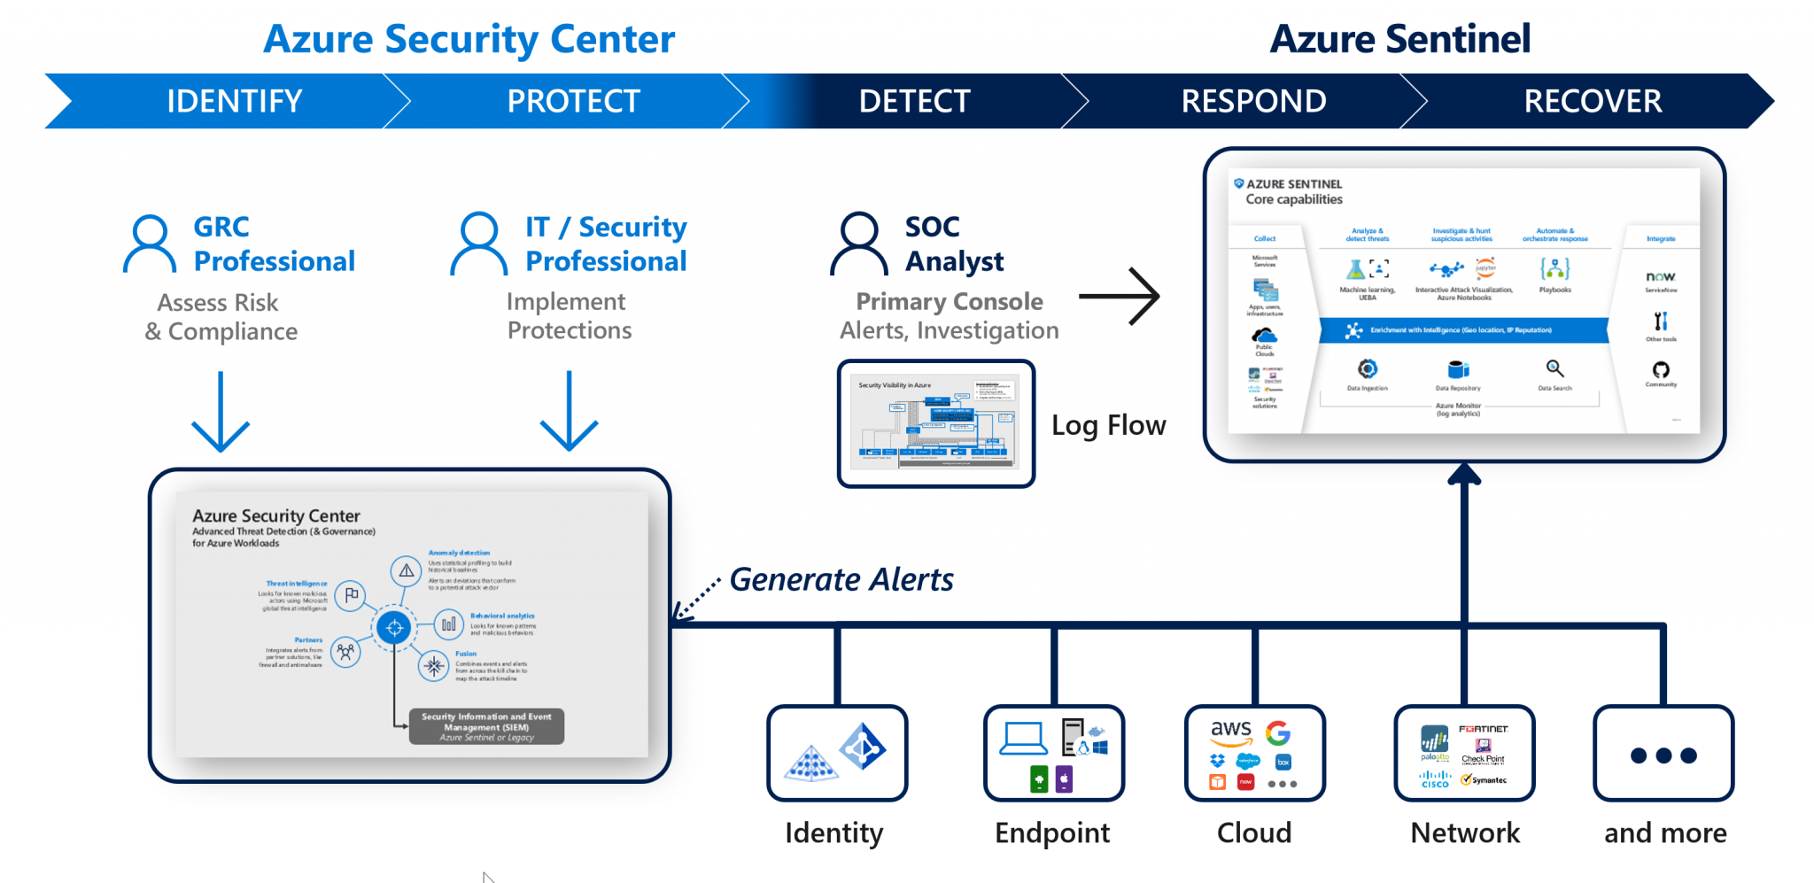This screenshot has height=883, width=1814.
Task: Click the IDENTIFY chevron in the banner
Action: (234, 101)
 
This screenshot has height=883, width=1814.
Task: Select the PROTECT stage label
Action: (573, 101)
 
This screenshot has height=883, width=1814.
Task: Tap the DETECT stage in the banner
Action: (914, 101)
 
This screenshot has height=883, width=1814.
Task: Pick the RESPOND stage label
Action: (1253, 101)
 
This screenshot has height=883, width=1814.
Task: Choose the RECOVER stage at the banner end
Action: (1592, 101)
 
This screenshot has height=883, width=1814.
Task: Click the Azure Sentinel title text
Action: (1399, 39)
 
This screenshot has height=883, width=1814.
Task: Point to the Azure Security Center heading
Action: (469, 39)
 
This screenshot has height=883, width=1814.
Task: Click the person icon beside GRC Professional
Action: (150, 244)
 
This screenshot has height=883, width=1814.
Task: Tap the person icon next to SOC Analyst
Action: (858, 244)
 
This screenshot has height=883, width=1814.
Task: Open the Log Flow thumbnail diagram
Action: (935, 422)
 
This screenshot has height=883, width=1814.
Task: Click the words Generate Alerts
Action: (841, 579)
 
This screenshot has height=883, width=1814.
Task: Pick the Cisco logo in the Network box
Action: (1435, 778)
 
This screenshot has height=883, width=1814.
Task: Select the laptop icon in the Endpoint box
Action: (1023, 739)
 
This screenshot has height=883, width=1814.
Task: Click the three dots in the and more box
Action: (1663, 755)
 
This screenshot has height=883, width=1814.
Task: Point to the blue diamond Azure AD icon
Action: (862, 747)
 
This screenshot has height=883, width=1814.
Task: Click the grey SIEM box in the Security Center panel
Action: (486, 726)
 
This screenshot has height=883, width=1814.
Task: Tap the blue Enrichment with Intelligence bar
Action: (1463, 330)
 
